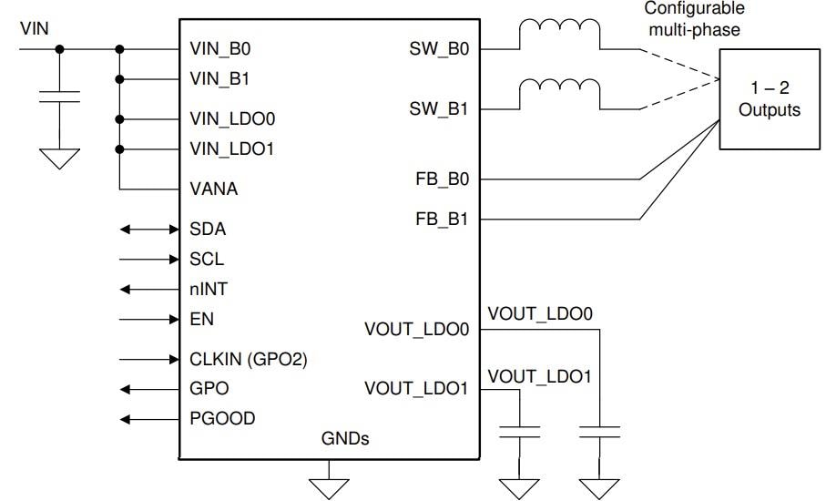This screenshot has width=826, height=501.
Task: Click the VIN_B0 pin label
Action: point(214,49)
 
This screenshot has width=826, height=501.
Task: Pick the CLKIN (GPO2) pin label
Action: point(249,359)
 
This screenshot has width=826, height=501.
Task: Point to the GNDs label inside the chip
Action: point(345,439)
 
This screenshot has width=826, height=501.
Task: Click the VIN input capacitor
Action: point(60,97)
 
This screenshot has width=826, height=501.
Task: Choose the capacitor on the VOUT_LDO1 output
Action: point(519,430)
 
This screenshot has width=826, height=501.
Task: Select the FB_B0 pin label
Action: point(441,179)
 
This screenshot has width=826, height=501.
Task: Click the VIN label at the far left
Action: point(35,30)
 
